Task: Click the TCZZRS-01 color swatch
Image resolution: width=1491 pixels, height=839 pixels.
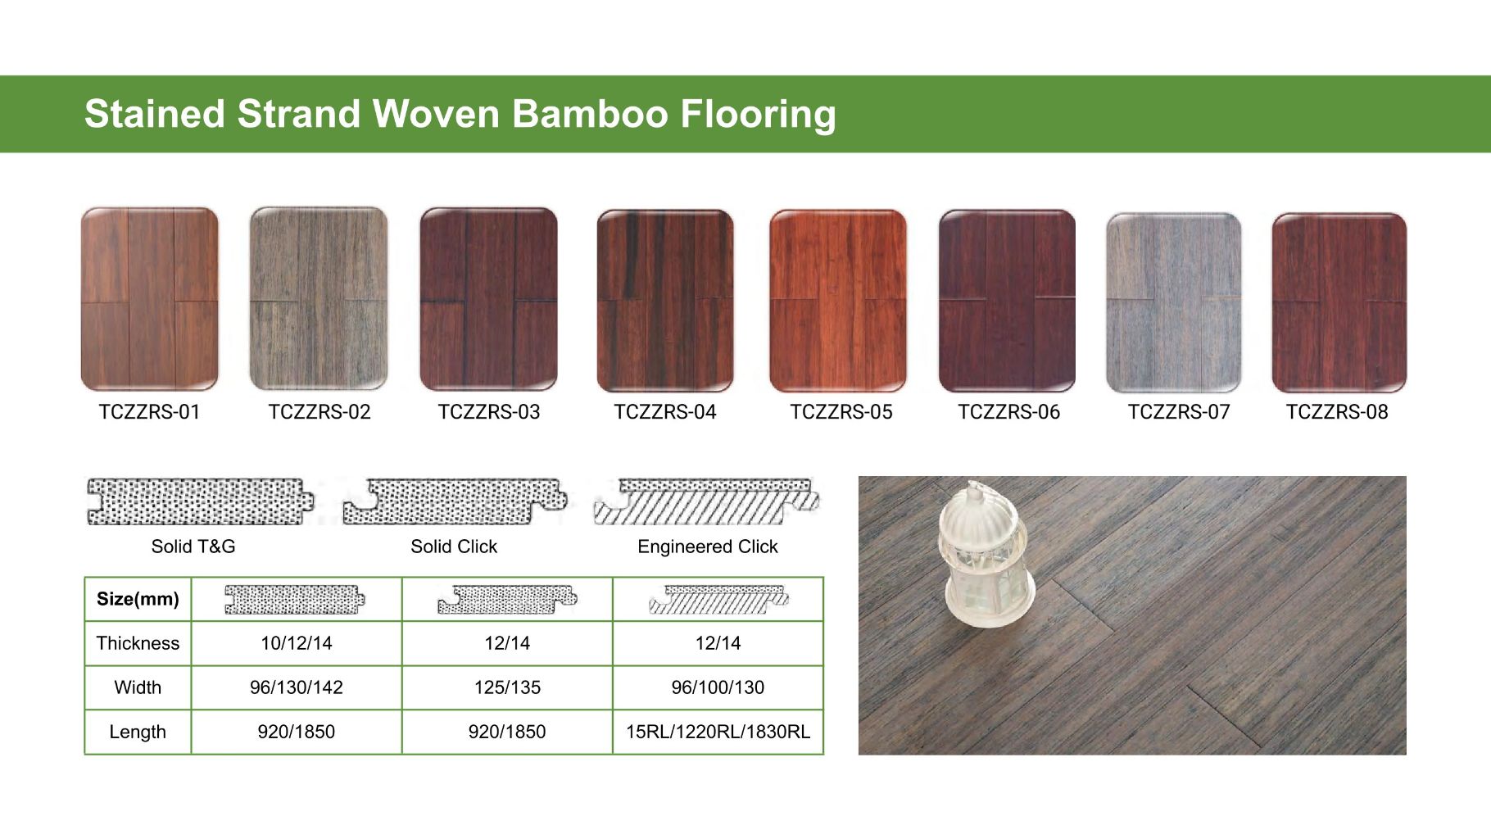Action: pos(149,299)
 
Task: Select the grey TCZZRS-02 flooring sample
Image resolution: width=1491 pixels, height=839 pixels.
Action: pos(318,299)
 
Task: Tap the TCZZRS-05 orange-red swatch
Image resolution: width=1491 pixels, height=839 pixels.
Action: pos(837,301)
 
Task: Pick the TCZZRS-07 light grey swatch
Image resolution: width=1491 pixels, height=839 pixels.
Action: pos(1173,302)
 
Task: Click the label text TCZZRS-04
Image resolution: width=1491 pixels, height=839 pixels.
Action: pos(664,412)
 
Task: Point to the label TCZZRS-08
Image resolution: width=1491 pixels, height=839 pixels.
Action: pos(1336,412)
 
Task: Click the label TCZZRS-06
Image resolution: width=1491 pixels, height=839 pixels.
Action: pos(1008,412)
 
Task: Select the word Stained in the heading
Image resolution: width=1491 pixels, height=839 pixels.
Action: pos(154,114)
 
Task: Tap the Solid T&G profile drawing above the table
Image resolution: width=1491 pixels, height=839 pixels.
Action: pos(200,501)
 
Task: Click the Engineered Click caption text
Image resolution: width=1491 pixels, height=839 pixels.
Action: pos(707,546)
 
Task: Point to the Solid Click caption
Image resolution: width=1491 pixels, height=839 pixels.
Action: pos(454,546)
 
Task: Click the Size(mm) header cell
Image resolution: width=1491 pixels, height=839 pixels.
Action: pos(138,599)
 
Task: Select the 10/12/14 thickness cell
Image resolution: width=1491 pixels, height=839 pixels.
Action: pos(296,643)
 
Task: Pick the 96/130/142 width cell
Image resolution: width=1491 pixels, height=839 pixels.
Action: pos(296,687)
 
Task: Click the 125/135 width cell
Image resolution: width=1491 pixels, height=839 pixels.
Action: pos(507,687)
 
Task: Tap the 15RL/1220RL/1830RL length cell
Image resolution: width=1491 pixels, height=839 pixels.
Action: pos(718,732)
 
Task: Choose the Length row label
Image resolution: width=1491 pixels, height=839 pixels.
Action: pos(138,732)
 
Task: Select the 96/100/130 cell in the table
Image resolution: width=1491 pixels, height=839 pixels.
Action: pos(718,687)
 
